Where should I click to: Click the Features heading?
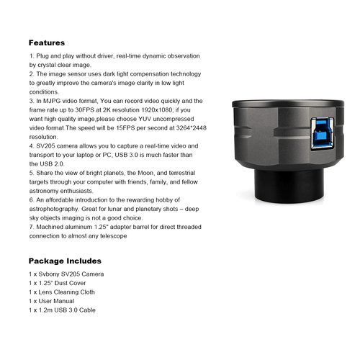pyautogui.click(x=47, y=42)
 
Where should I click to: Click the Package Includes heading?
pyautogui.click(x=65, y=261)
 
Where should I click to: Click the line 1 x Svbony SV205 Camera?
pyautogui.click(x=66, y=274)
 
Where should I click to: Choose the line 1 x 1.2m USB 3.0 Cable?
pyautogui.click(x=62, y=310)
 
